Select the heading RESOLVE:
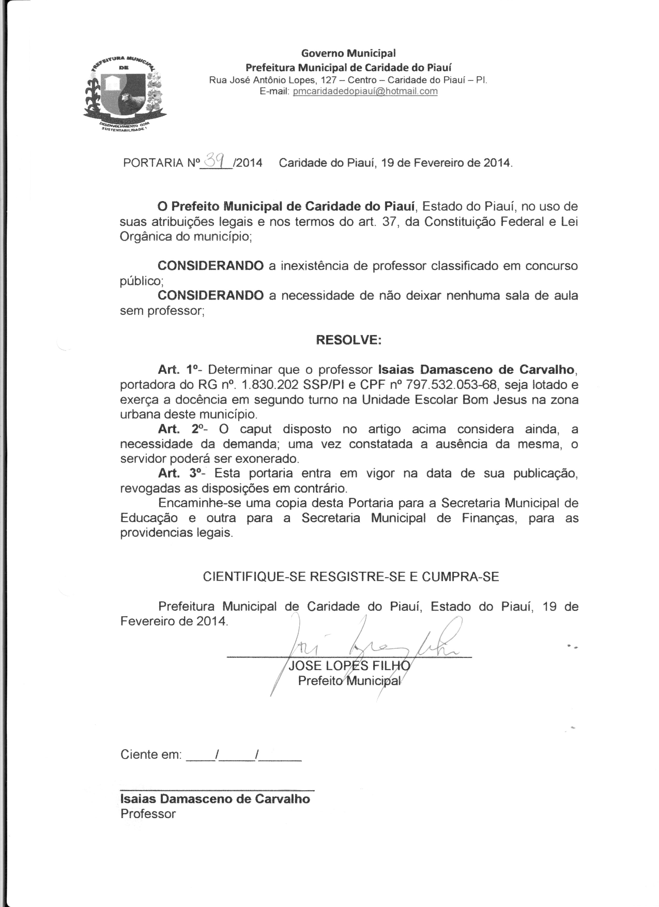coord(348,340)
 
